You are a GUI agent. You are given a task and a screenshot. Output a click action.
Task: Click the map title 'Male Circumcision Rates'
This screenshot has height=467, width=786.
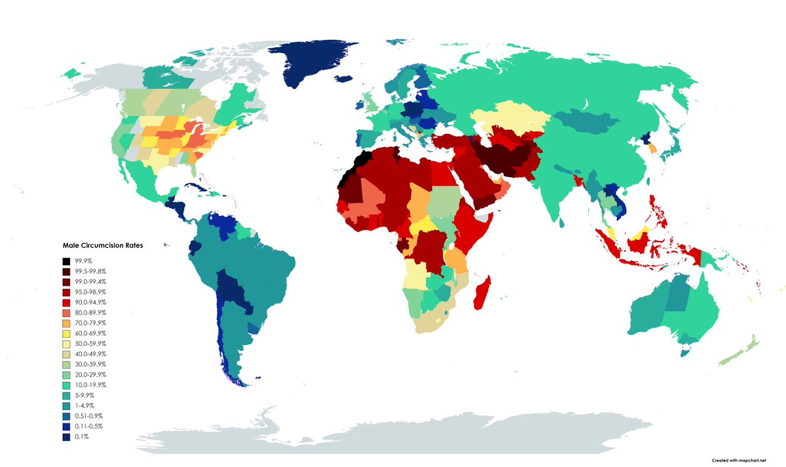(x=103, y=246)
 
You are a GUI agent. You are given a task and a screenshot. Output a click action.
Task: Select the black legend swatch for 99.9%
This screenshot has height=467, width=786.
(x=66, y=261)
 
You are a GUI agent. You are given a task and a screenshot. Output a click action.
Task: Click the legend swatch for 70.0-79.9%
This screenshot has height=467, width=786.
(x=66, y=323)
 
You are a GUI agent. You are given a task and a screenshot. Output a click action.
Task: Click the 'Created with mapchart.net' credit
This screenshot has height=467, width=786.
(x=738, y=460)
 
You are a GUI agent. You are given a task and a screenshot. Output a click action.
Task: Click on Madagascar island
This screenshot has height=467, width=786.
(x=483, y=293)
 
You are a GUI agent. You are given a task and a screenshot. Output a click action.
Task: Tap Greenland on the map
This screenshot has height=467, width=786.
(x=314, y=65)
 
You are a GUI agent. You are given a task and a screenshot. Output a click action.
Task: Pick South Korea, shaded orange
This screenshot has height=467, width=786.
(x=652, y=149)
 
